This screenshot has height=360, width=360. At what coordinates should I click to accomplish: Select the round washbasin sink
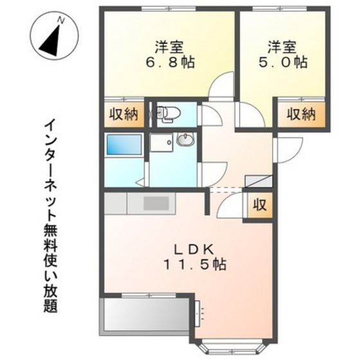[185, 140]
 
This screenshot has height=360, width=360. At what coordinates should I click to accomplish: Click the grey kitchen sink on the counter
[155, 203]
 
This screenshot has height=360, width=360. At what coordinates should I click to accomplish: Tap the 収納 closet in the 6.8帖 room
[122, 115]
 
